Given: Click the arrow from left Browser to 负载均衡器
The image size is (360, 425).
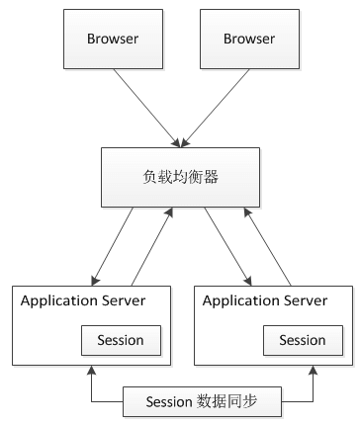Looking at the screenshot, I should tap(143, 108).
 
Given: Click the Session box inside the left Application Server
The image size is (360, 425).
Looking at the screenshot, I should tap(120, 340).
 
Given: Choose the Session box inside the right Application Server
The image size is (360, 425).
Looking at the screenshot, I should tap(302, 340).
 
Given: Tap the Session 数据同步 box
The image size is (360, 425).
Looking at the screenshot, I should tap(203, 401).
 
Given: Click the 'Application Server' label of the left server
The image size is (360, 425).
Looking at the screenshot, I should tap(84, 300).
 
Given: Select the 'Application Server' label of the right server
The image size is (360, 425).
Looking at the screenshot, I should tap(265, 300).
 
